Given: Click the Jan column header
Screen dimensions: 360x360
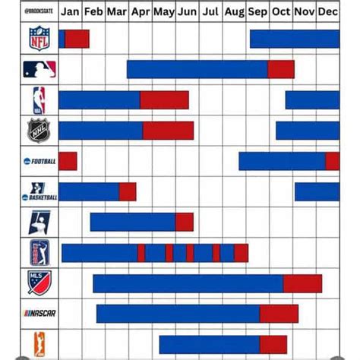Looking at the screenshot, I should (70, 11).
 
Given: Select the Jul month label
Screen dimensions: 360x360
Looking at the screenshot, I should (212, 11).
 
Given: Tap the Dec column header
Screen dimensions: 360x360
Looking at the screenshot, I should (328, 11).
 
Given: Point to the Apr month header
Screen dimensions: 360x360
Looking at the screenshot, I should (141, 11).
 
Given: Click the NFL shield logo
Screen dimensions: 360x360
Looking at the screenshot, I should (39, 39).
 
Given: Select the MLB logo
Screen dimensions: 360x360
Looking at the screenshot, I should (39, 70).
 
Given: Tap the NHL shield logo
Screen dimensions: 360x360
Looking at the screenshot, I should (39, 131).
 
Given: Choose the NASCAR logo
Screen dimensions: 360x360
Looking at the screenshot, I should (39, 313).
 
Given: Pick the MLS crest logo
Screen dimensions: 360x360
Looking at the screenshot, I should (39, 283).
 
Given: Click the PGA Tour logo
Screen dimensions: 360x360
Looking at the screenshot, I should (39, 252).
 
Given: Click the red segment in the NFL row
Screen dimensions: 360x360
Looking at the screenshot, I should (77, 39).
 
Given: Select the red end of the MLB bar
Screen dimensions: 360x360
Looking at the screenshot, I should (280, 69).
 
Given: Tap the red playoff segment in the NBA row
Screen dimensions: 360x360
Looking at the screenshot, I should (164, 99).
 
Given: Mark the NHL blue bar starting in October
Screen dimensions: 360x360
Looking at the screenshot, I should (307, 131).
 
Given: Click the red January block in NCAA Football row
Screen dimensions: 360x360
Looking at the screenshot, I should (68, 161).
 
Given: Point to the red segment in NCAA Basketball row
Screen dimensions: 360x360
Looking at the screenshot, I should (128, 191).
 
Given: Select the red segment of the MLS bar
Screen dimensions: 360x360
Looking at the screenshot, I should (302, 283).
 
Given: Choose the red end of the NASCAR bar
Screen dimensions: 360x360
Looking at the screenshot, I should (279, 314).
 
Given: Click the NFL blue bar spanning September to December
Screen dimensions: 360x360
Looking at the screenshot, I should (294, 39).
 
